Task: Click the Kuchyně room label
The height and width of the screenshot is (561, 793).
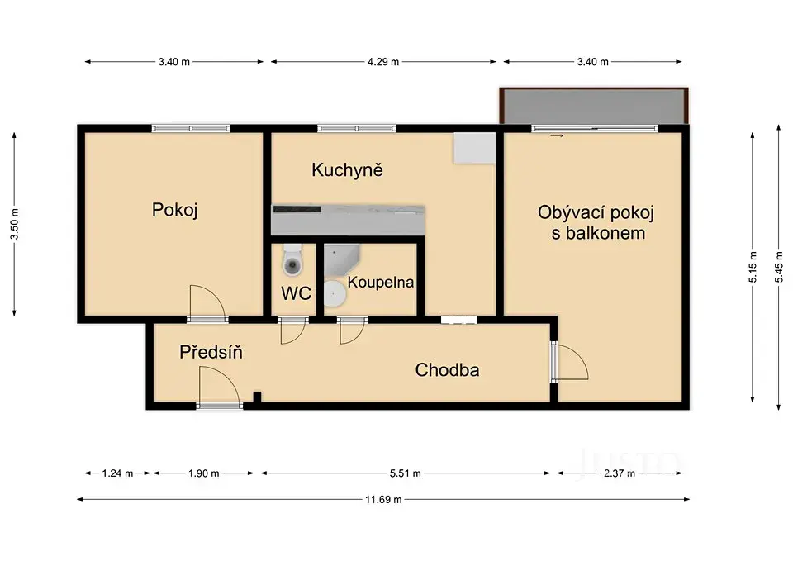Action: point(347,170)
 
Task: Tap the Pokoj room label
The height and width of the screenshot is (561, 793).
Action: point(174,209)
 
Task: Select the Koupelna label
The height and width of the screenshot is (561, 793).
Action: point(380,282)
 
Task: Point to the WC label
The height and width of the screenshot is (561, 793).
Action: point(296,293)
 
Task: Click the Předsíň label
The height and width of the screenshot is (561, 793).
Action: point(211,352)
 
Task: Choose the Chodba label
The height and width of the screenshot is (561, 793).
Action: point(447,370)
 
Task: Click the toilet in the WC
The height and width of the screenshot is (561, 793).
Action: point(292,259)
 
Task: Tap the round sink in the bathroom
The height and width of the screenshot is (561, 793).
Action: point(335,294)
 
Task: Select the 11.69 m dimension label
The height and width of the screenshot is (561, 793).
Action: point(383,500)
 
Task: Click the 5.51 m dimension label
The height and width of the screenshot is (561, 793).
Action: point(405,473)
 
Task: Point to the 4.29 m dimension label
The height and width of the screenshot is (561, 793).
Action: point(383,62)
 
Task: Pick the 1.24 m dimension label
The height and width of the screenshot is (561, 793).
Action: point(117,473)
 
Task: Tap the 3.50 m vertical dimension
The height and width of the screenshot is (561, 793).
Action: point(15,224)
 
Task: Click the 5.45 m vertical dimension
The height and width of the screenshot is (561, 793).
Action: point(779,267)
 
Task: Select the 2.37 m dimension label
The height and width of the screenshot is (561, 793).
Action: point(619,473)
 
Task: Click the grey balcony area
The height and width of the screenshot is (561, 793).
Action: point(594,106)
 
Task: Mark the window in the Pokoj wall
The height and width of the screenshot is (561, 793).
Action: point(191,129)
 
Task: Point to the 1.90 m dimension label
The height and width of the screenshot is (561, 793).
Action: point(203,473)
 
